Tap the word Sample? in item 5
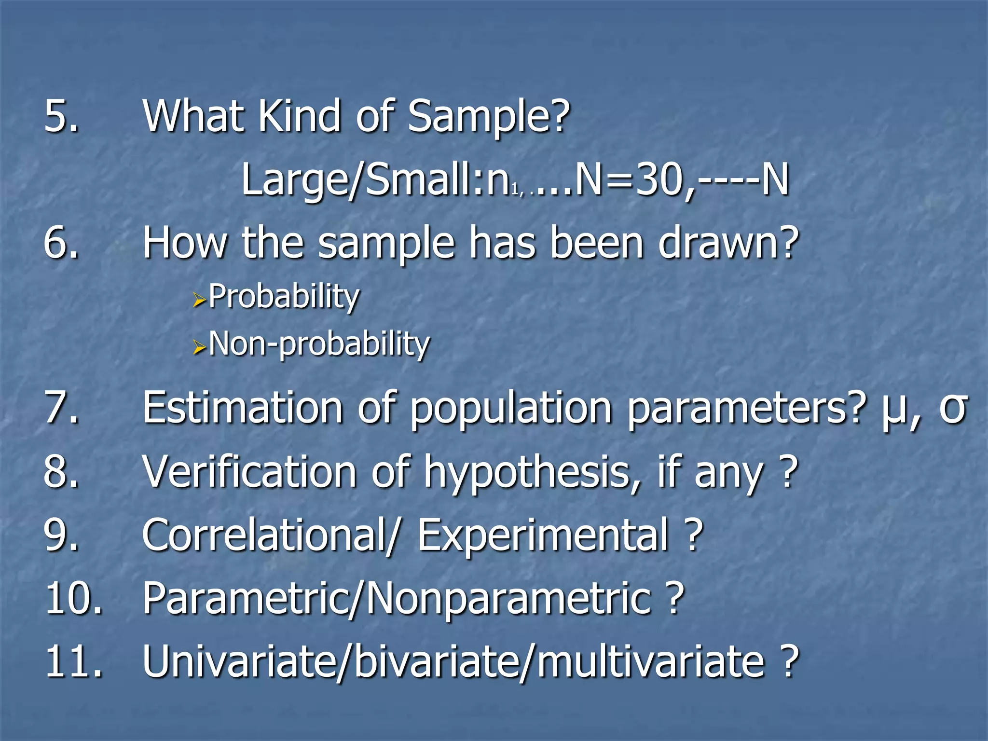click(488, 117)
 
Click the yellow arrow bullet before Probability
click(199, 301)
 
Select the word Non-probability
click(319, 344)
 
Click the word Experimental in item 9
click(542, 535)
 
